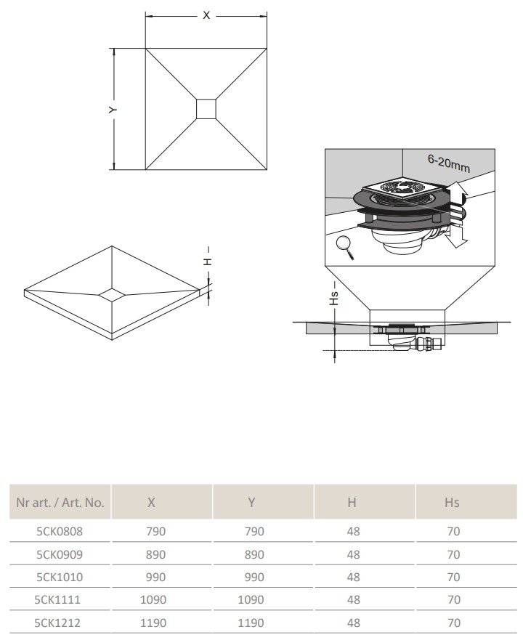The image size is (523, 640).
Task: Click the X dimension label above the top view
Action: pyautogui.click(x=206, y=15)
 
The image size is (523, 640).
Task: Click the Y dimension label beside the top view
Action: pyautogui.click(x=113, y=110)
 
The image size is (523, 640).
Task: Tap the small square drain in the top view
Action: pyautogui.click(x=206, y=109)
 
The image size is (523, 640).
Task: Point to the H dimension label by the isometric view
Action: pyautogui.click(x=208, y=262)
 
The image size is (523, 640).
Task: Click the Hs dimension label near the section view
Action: pyautogui.click(x=333, y=298)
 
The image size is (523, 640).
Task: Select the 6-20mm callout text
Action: pyautogui.click(x=449, y=163)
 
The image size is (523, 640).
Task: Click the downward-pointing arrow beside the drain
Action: pyautogui.click(x=456, y=237)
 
